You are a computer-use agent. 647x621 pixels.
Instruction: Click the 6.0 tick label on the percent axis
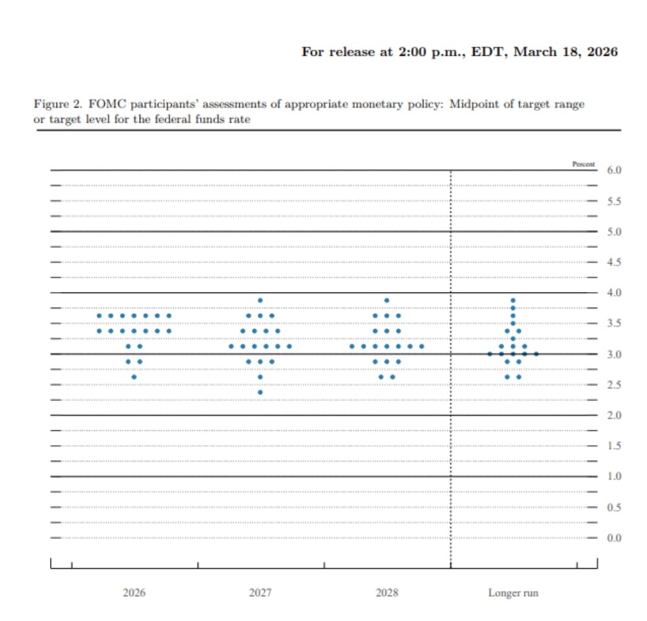point(614,170)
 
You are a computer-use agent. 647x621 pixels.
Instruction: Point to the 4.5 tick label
point(614,262)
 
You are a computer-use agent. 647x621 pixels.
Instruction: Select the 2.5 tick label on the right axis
point(614,385)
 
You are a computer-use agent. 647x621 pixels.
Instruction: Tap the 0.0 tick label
point(614,538)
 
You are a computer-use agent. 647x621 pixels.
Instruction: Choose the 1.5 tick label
point(614,446)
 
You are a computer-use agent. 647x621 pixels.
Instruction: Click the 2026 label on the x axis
point(134,592)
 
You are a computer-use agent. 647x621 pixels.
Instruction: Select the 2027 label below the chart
point(260,592)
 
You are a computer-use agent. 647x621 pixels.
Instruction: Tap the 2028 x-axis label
point(387,592)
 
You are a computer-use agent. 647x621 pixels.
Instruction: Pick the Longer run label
point(513,592)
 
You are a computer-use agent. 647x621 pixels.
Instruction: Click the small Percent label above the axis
point(583,164)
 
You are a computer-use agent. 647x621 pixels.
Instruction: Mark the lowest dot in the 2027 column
point(260,392)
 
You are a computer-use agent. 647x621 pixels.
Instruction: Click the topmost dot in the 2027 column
point(260,300)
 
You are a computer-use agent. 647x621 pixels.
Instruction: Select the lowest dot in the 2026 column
point(134,377)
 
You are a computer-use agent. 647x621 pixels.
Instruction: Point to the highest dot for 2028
point(387,300)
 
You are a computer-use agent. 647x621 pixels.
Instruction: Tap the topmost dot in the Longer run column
point(513,300)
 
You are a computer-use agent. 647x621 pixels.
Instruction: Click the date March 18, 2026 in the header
point(565,52)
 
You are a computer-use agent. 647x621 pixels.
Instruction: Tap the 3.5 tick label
point(614,323)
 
